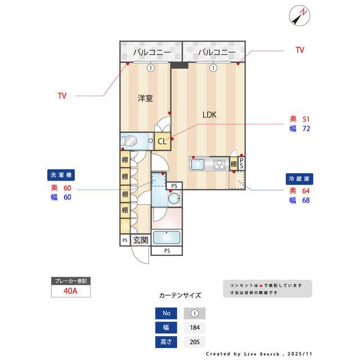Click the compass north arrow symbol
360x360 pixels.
pos(299,15)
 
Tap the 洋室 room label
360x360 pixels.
pos(145,98)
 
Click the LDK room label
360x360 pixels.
pos(210,115)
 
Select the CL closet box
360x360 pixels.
pos(162,142)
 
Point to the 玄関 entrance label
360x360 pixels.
pos(140,240)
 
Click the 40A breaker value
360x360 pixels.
pos(70,291)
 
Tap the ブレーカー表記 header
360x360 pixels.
pos(70,281)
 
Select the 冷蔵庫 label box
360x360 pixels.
pos(299,178)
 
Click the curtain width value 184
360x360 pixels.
pos(195,327)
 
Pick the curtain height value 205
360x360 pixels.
pos(195,341)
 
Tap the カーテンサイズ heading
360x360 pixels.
pos(180,295)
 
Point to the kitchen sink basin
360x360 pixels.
pos(200,164)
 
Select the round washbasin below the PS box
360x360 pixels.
pos(174,198)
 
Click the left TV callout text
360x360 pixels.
pos(62,96)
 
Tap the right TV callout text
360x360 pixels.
pos(300,50)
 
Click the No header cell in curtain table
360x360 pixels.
pos(166,313)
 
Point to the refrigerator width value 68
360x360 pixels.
pos(306,200)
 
